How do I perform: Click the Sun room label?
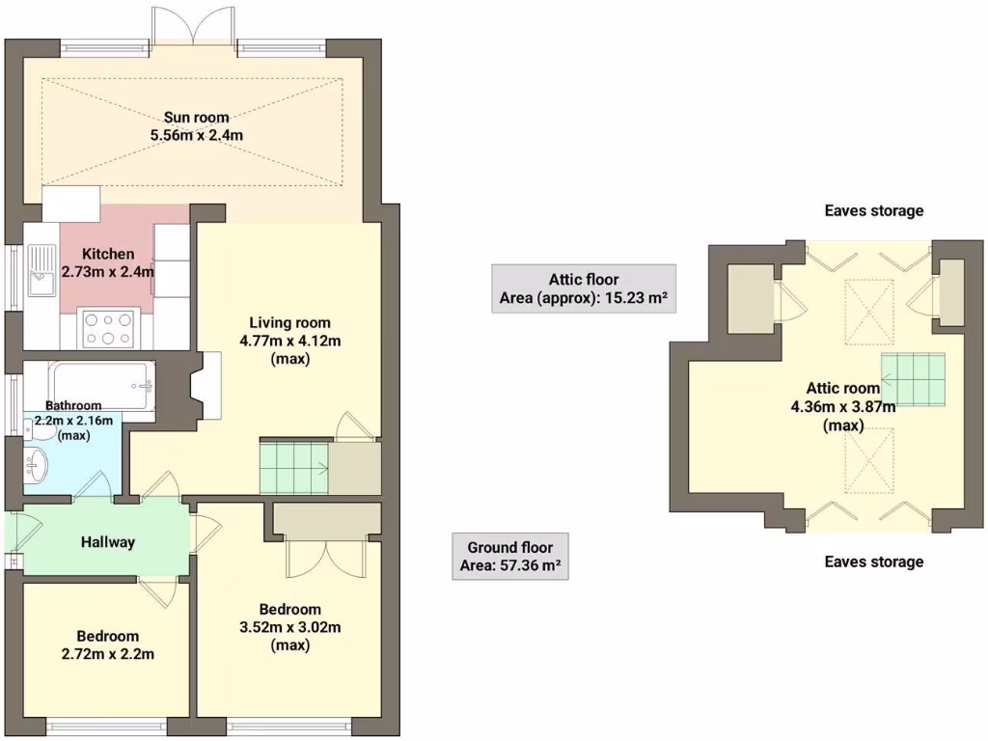click(196, 118)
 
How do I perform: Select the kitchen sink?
click(42, 271)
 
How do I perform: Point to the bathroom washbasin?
click(36, 467)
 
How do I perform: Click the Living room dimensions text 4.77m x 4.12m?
click(289, 341)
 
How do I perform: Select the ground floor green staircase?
click(293, 466)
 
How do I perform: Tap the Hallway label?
click(107, 542)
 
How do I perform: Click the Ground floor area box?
click(509, 556)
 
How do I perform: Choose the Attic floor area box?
click(583, 288)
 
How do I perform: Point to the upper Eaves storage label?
click(874, 210)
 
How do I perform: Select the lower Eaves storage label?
click(874, 562)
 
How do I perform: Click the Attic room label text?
click(842, 389)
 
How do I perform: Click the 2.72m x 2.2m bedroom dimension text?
click(108, 653)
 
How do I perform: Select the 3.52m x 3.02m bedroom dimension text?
click(289, 627)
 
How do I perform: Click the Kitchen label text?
click(108, 254)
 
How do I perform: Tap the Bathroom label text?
click(73, 406)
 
